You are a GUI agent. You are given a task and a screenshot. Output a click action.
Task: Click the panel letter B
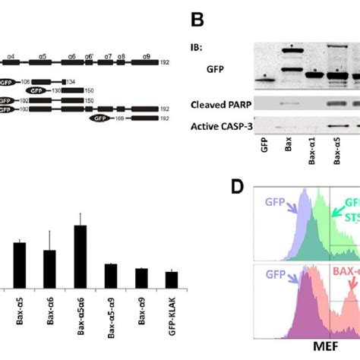tap(198, 14)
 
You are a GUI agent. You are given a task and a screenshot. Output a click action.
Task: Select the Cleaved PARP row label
tap(219, 103)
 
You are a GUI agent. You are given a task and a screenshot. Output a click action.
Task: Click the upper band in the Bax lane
tap(289, 52)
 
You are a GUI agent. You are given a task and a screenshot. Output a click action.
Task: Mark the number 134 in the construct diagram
tap(70, 81)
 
